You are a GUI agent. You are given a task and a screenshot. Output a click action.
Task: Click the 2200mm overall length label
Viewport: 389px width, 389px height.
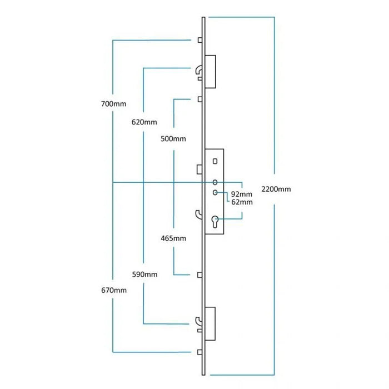(x=276, y=189)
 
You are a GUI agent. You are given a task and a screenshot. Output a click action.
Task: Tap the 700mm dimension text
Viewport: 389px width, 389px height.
(x=114, y=104)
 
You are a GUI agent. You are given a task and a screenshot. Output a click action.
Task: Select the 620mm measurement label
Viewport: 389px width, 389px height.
(x=144, y=122)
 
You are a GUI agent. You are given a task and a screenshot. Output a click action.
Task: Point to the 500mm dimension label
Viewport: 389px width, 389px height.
(x=173, y=138)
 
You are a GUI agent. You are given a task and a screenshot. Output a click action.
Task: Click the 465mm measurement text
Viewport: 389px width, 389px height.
(x=173, y=238)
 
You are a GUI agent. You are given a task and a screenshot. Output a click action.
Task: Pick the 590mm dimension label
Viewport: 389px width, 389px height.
(x=144, y=275)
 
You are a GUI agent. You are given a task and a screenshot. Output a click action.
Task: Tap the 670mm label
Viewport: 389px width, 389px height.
(x=114, y=290)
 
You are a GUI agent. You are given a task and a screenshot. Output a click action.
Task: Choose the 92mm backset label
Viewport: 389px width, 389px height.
(x=242, y=194)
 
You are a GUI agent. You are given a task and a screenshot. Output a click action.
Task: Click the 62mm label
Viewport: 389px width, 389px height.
(x=242, y=202)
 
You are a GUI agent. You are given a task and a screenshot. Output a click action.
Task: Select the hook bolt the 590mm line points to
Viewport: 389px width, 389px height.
(x=199, y=320)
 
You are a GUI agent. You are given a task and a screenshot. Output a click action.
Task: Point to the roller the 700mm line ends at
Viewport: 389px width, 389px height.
(x=199, y=41)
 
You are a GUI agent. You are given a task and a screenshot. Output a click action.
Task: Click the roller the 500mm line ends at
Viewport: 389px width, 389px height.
(x=199, y=99)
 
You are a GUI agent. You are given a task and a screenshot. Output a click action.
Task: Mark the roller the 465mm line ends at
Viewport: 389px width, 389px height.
(x=199, y=275)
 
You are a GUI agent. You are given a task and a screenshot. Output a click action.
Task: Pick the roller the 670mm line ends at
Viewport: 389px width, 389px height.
(x=199, y=352)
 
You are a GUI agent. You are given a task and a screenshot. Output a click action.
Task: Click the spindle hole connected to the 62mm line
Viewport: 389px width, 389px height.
(x=215, y=192)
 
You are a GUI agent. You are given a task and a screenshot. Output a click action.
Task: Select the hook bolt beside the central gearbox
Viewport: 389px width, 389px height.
(x=198, y=213)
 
